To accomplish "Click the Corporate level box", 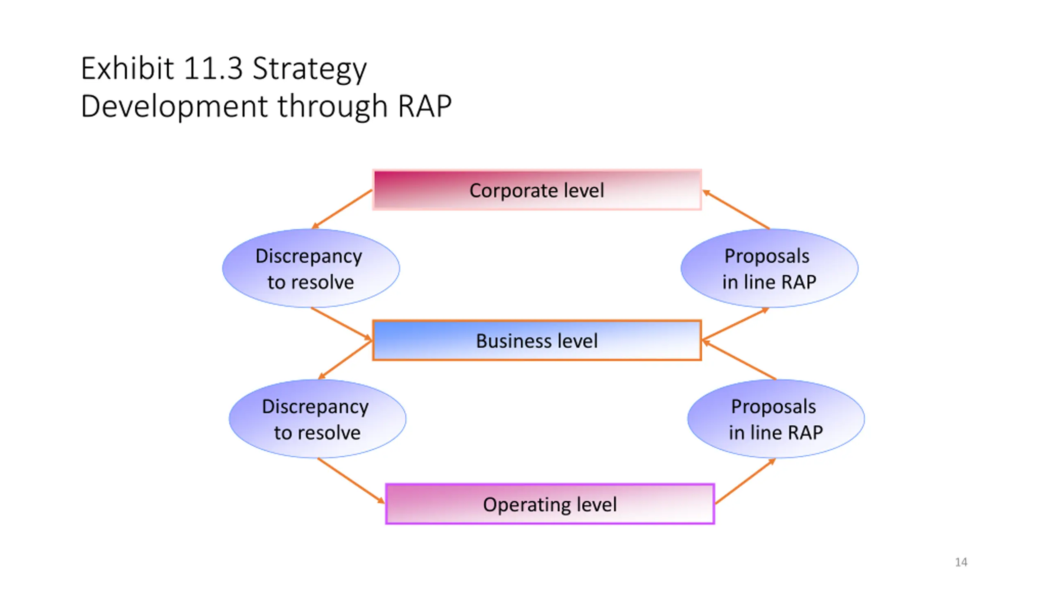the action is click(x=537, y=190).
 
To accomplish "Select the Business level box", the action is click(x=537, y=340).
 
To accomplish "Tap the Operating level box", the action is click(x=550, y=504).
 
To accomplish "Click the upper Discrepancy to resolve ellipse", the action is click(x=311, y=268).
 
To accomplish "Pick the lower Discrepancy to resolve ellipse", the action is click(x=317, y=419).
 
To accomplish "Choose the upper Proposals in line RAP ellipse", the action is click(x=769, y=268).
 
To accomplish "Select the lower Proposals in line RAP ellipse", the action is click(x=776, y=419).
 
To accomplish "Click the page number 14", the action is click(x=961, y=562).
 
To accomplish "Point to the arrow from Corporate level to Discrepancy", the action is click(x=342, y=209).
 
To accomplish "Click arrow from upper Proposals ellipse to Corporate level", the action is click(x=736, y=209).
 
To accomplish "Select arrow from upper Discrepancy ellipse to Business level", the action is click(x=341, y=324).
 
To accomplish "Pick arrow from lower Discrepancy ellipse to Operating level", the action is click(x=351, y=481).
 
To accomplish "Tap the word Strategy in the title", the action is click(x=309, y=70).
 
